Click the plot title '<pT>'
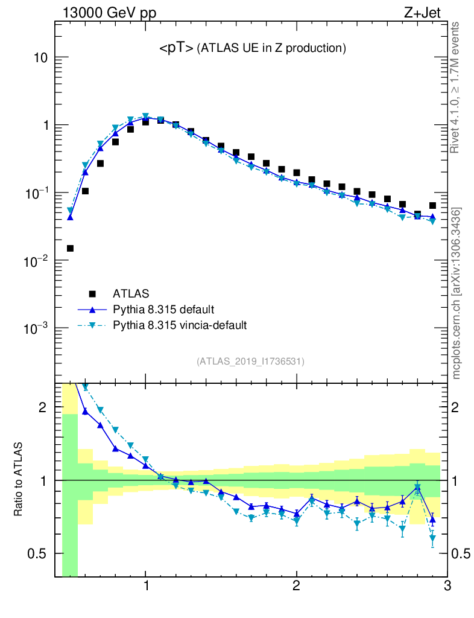coord(176,48)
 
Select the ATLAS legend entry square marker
coord(92,294)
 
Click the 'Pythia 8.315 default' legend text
coord(164,310)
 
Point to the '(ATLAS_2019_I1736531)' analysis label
coord(250,362)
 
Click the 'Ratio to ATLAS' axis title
coord(19,480)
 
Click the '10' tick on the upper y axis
coord(39,58)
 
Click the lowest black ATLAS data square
coord(70,248)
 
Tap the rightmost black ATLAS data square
coord(432,205)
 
